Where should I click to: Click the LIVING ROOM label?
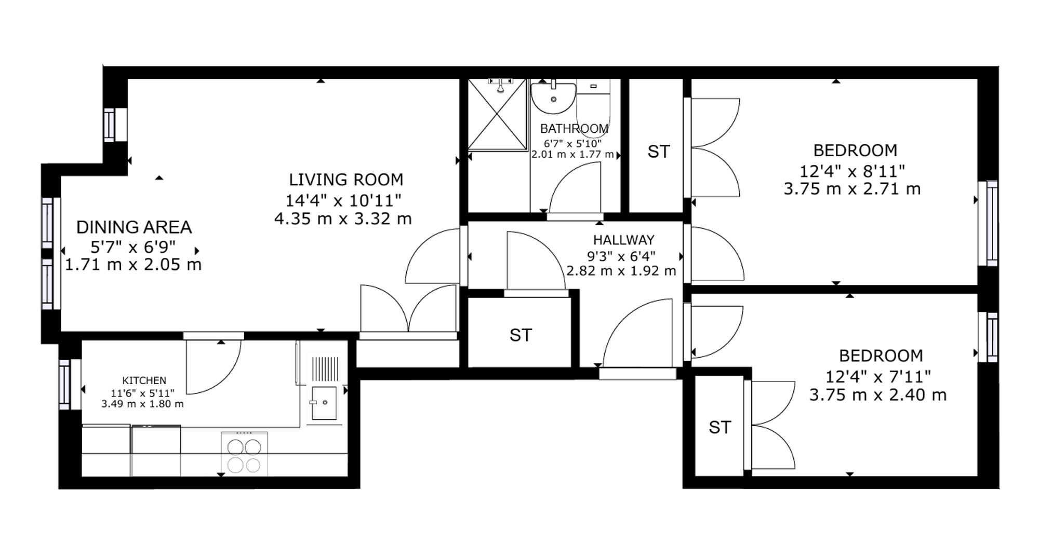tap(346, 180)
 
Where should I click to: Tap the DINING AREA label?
tap(134, 227)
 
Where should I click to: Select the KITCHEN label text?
tap(144, 380)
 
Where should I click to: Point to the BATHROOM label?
tap(574, 128)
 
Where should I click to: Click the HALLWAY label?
tap(624, 240)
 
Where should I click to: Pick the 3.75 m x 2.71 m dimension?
tap(852, 189)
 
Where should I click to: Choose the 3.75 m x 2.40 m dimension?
tap(878, 395)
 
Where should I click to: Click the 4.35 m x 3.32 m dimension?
tap(343, 219)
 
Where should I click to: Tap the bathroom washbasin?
tap(553, 97)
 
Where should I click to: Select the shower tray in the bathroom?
tap(498, 115)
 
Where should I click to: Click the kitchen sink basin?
tap(324, 403)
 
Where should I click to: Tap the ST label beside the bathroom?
tap(659, 152)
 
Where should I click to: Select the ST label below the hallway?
tap(521, 335)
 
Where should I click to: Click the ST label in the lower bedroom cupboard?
tap(720, 427)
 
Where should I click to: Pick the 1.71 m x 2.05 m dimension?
tap(133, 265)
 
